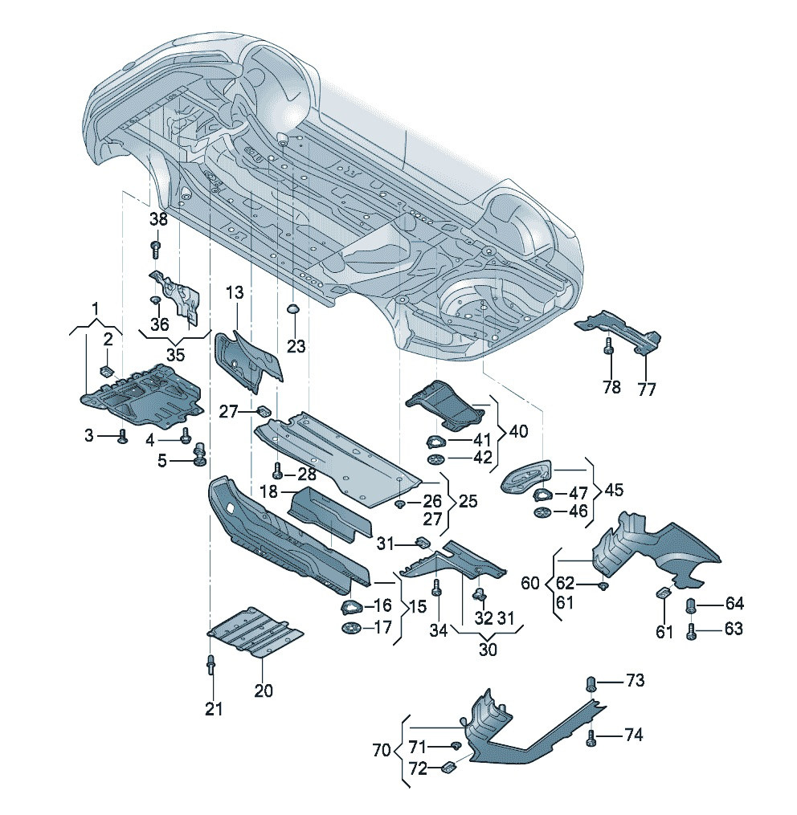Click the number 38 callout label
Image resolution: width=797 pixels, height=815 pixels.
(158, 218)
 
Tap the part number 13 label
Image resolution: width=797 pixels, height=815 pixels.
(233, 294)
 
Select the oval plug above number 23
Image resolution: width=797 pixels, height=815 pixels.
(293, 309)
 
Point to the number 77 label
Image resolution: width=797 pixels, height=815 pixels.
(647, 389)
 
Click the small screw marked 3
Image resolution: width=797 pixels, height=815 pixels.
(122, 435)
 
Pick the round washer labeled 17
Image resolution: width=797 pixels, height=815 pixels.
(351, 628)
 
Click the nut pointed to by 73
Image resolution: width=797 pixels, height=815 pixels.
(592, 683)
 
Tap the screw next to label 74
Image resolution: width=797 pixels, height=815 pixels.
(592, 737)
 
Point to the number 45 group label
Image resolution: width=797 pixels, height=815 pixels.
(612, 491)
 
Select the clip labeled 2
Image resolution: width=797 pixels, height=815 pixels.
(105, 369)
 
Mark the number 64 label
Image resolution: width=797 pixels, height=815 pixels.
(734, 604)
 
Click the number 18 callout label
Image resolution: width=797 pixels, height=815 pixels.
(269, 491)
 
